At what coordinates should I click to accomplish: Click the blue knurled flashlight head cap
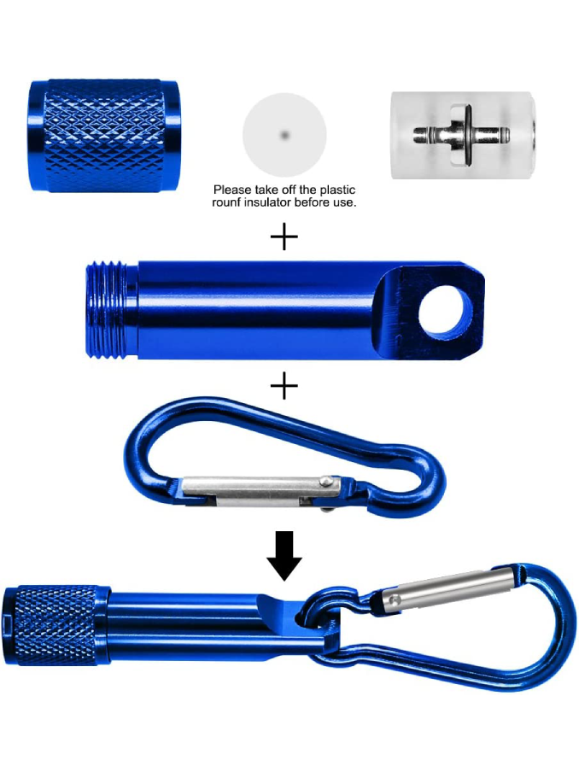pos(104,135)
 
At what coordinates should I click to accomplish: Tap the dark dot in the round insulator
pos(284,134)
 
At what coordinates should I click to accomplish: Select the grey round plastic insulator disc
pos(284,135)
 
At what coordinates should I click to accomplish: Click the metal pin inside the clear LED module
pos(460,134)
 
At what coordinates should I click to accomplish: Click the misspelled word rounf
pos(229,202)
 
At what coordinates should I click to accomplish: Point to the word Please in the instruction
pos(231,190)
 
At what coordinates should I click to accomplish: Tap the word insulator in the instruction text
pos(271,202)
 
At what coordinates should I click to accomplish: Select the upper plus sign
pos(284,237)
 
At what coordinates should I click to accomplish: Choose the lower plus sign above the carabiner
pos(284,385)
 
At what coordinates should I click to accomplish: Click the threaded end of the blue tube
pos(112,311)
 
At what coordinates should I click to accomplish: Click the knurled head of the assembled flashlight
pos(56,626)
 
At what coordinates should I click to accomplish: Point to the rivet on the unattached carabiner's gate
pos(325,480)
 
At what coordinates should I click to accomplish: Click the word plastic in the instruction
pos(337,190)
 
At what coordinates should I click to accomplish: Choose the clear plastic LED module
pos(463,135)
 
